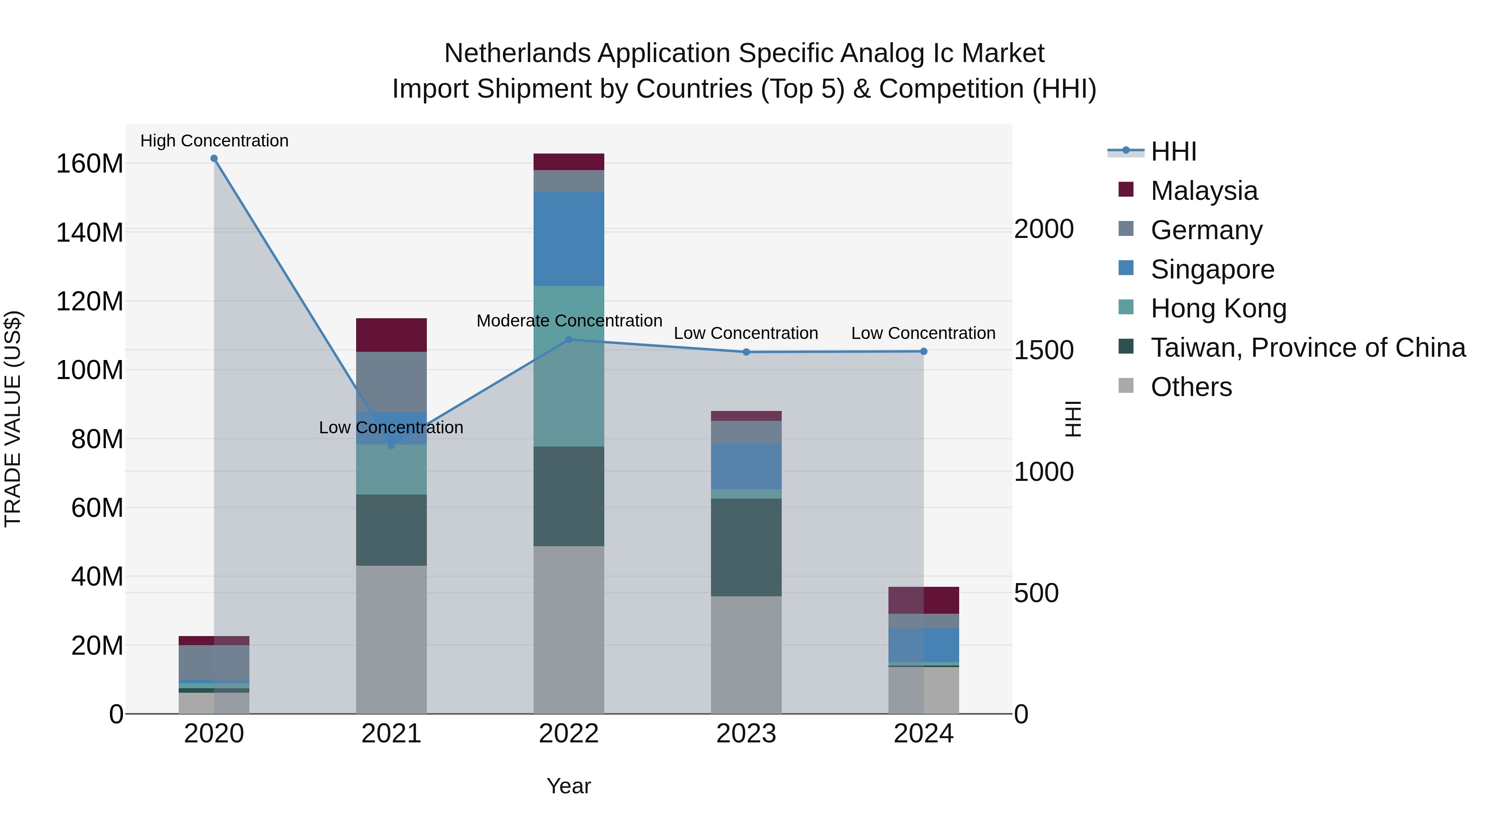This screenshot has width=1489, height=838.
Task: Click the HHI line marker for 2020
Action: (214, 158)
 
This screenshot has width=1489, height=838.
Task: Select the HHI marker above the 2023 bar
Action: (746, 352)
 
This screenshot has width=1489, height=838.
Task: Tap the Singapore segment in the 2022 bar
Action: (569, 239)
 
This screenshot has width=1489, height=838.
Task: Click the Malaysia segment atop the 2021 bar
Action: (391, 335)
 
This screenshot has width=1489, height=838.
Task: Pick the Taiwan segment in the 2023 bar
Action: (746, 547)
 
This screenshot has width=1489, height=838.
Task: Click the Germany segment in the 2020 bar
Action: (214, 662)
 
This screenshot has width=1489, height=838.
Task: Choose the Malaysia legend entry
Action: (1204, 191)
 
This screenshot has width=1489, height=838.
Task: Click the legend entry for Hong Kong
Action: (1218, 308)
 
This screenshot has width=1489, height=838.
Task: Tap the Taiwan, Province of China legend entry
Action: (1307, 348)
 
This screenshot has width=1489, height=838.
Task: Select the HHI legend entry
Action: (1173, 151)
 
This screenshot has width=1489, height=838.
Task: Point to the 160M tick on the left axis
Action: (90, 163)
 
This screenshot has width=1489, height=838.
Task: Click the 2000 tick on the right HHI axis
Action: (1044, 229)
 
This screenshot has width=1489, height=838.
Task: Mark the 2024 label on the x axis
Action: (923, 734)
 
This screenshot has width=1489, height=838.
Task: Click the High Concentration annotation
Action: (214, 141)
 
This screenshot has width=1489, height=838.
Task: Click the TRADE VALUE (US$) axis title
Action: (13, 419)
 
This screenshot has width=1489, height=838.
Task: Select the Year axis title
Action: (569, 786)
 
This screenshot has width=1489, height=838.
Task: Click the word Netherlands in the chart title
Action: (517, 53)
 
